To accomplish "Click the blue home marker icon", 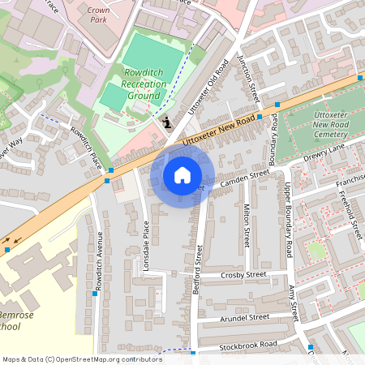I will pos(182,175).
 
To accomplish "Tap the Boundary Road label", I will pos(273,138).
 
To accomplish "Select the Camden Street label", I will pos(244,178).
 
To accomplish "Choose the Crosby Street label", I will pos(244,276).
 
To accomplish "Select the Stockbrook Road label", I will pos(247,346).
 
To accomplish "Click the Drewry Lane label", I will pos(324,154).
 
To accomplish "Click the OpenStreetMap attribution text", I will pos(81,359).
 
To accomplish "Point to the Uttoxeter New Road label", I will pos(219,130).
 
